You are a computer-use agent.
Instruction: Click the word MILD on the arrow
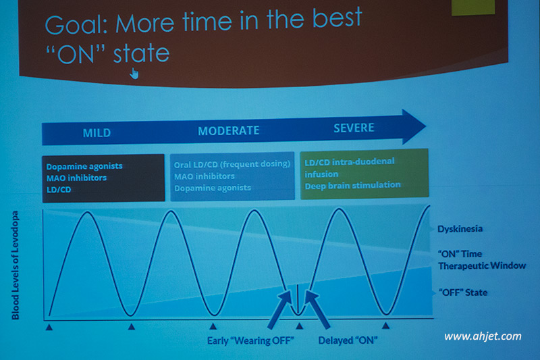coord(97,132)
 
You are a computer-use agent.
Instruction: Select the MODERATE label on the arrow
coord(228,130)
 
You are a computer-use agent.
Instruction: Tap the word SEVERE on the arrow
coord(354,128)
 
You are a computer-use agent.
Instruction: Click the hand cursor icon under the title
coord(134,74)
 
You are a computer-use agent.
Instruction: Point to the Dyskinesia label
coord(460,229)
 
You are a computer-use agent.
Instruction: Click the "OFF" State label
coord(463,292)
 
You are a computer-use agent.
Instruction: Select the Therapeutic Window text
coord(482,265)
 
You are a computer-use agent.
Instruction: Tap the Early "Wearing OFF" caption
coord(250,340)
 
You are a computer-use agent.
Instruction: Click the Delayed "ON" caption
coord(348,340)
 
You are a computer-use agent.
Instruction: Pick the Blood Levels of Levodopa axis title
coord(16,265)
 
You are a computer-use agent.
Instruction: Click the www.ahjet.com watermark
coord(483,336)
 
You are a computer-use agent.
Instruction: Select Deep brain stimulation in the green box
coord(352,186)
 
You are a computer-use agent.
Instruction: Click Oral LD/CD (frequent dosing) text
coord(232,164)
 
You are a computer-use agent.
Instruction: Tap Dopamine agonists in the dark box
coord(84,166)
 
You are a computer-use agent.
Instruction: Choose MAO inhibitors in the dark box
coord(76,178)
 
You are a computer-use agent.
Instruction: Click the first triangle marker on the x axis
coord(49,327)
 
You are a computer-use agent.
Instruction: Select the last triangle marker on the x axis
coord(385,325)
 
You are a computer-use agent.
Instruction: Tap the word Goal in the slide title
coord(76,24)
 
